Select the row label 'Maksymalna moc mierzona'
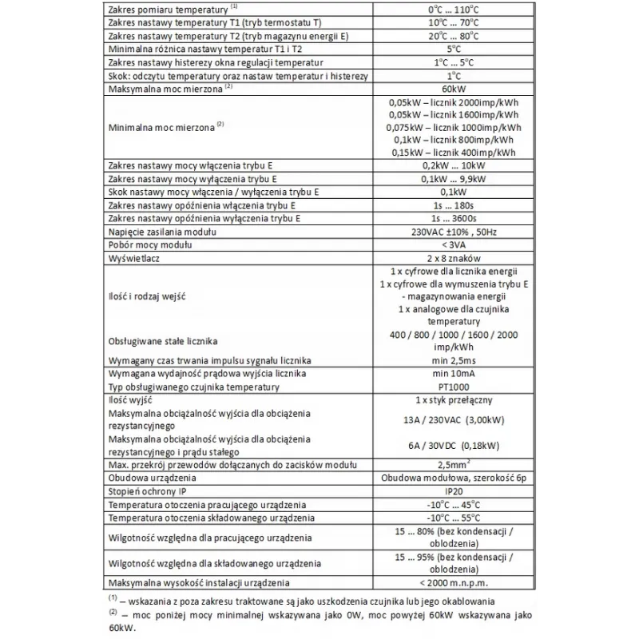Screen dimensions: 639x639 [165, 88]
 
